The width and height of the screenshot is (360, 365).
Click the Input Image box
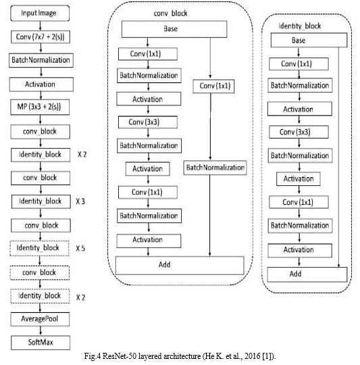tap(40, 14)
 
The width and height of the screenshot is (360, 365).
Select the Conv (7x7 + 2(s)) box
tap(41, 36)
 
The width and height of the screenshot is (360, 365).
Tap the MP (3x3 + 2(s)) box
tap(40, 107)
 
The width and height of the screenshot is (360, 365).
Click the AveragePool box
tap(40, 319)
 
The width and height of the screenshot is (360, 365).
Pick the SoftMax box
tap(41, 343)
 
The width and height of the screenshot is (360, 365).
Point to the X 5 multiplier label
tap(80, 248)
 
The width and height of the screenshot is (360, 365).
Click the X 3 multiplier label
tap(80, 201)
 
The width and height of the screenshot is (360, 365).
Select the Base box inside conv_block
tap(174, 29)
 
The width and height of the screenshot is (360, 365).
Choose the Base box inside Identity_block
tap(309, 40)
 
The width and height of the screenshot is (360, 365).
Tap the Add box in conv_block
tap(180, 266)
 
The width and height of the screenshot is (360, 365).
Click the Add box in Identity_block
tap(307, 274)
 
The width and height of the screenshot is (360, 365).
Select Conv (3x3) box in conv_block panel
tap(148, 122)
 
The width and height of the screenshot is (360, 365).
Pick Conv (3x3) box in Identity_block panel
tap(299, 132)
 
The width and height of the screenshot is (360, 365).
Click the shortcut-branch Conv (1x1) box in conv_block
tap(213, 87)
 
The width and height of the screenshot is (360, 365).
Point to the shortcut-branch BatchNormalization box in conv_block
tap(215, 168)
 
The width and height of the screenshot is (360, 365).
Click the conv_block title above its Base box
tap(170, 14)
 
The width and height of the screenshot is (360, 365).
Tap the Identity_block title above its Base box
tap(299, 26)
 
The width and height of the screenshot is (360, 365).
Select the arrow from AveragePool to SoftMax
tap(41, 331)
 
